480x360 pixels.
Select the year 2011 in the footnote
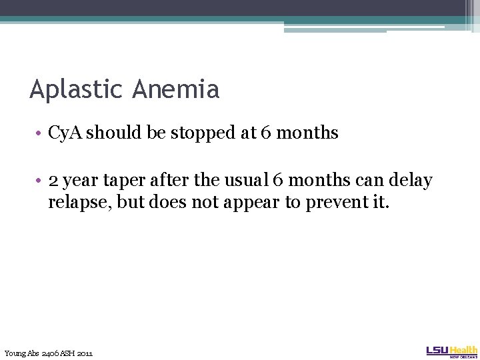(x=85, y=353)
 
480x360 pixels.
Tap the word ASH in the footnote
(x=67, y=353)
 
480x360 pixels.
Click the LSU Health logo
(x=451, y=351)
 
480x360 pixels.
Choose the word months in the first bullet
(x=307, y=133)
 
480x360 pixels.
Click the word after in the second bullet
(x=167, y=181)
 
